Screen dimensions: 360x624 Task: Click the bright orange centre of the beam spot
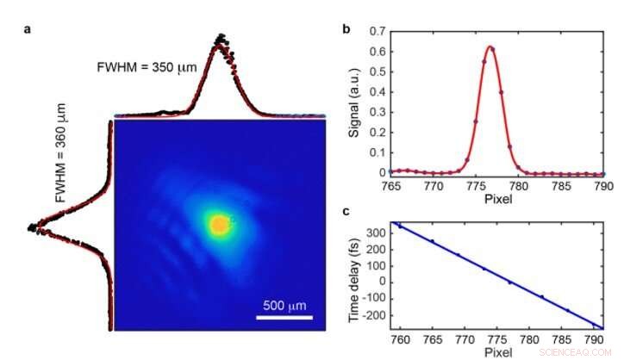[x=219, y=225]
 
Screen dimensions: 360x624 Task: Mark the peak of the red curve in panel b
[x=490, y=47]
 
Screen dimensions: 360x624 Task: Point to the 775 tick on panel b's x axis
[x=471, y=184]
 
